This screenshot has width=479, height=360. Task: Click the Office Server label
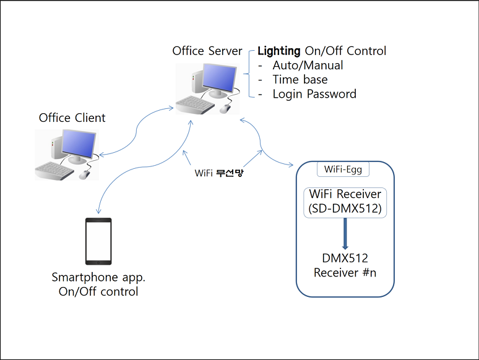click(x=207, y=50)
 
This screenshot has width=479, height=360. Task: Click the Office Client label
click(x=72, y=118)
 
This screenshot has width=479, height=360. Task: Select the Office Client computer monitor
click(x=76, y=144)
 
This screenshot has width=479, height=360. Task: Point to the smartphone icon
click(x=98, y=241)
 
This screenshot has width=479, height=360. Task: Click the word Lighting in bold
click(x=278, y=51)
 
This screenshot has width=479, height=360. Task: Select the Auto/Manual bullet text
click(x=308, y=65)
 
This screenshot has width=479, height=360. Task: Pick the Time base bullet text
click(x=300, y=79)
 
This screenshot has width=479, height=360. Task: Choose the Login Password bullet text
click(x=314, y=94)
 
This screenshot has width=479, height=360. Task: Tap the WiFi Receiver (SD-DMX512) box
click(x=345, y=202)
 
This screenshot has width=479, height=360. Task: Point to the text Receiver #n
click(x=345, y=272)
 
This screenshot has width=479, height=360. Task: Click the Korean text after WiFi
click(x=230, y=173)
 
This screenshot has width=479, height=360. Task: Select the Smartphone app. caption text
click(x=98, y=276)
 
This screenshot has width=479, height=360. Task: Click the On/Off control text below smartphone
click(x=98, y=291)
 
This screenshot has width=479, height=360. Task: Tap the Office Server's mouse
click(x=225, y=108)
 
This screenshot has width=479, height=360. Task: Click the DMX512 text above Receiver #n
click(x=345, y=258)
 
